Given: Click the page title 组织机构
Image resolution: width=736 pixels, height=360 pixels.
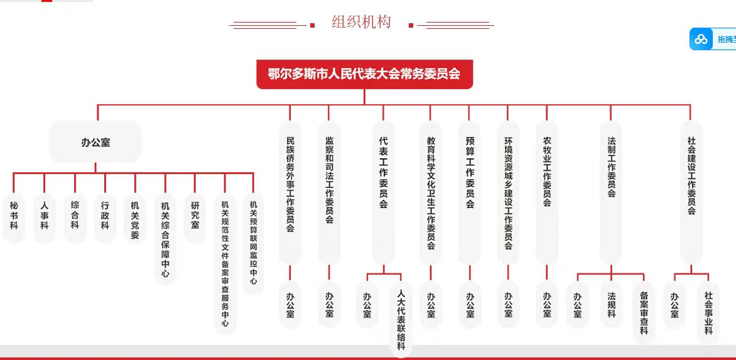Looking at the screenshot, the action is (361, 22).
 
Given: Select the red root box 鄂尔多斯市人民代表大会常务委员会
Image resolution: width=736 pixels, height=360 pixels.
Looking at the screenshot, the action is (364, 74).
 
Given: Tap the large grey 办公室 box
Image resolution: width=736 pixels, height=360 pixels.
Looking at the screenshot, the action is (95, 142).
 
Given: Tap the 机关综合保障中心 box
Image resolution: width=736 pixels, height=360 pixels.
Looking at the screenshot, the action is (165, 239).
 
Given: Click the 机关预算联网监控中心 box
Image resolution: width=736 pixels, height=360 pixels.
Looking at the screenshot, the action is (254, 243).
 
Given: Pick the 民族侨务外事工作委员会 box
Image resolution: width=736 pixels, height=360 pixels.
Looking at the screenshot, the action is (290, 192).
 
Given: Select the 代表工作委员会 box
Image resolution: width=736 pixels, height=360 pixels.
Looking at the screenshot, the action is (384, 192).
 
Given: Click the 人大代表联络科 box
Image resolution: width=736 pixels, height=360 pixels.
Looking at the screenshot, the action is (401, 320).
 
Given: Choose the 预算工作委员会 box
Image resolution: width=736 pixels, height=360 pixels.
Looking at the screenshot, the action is (470, 192).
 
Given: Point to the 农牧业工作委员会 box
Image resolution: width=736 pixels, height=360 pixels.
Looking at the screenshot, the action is (547, 192).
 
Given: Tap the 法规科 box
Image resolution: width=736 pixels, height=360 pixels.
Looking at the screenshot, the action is (611, 305).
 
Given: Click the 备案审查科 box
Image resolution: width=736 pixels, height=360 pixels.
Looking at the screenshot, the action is (644, 312).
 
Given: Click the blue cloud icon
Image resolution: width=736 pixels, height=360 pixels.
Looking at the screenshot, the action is (701, 40).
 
